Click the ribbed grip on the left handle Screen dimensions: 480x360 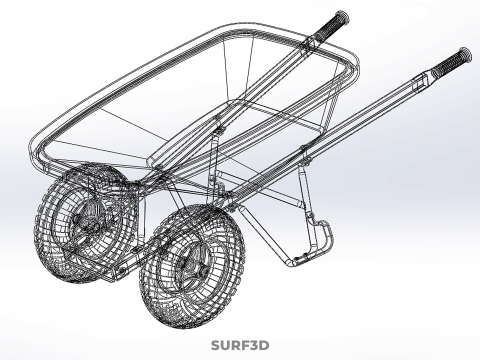[331, 24]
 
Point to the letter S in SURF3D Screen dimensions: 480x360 [215, 346]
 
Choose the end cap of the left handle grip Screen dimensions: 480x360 [343, 16]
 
